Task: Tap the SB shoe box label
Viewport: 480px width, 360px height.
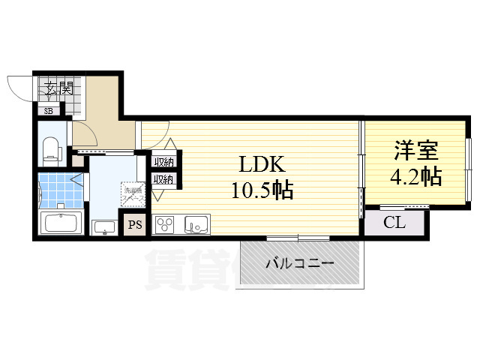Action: (49, 111)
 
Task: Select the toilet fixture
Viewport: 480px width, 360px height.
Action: (52, 148)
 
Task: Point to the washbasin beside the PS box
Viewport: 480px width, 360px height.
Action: (103, 226)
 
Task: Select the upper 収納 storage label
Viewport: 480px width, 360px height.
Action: (164, 161)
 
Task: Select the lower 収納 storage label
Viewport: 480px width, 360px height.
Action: (164, 179)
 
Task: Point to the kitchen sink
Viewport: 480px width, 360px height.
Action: (197, 224)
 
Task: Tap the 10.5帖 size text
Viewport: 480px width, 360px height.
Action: (261, 190)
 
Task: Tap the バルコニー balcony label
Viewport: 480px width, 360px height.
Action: (299, 263)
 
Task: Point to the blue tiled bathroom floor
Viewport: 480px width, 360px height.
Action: (54, 191)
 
